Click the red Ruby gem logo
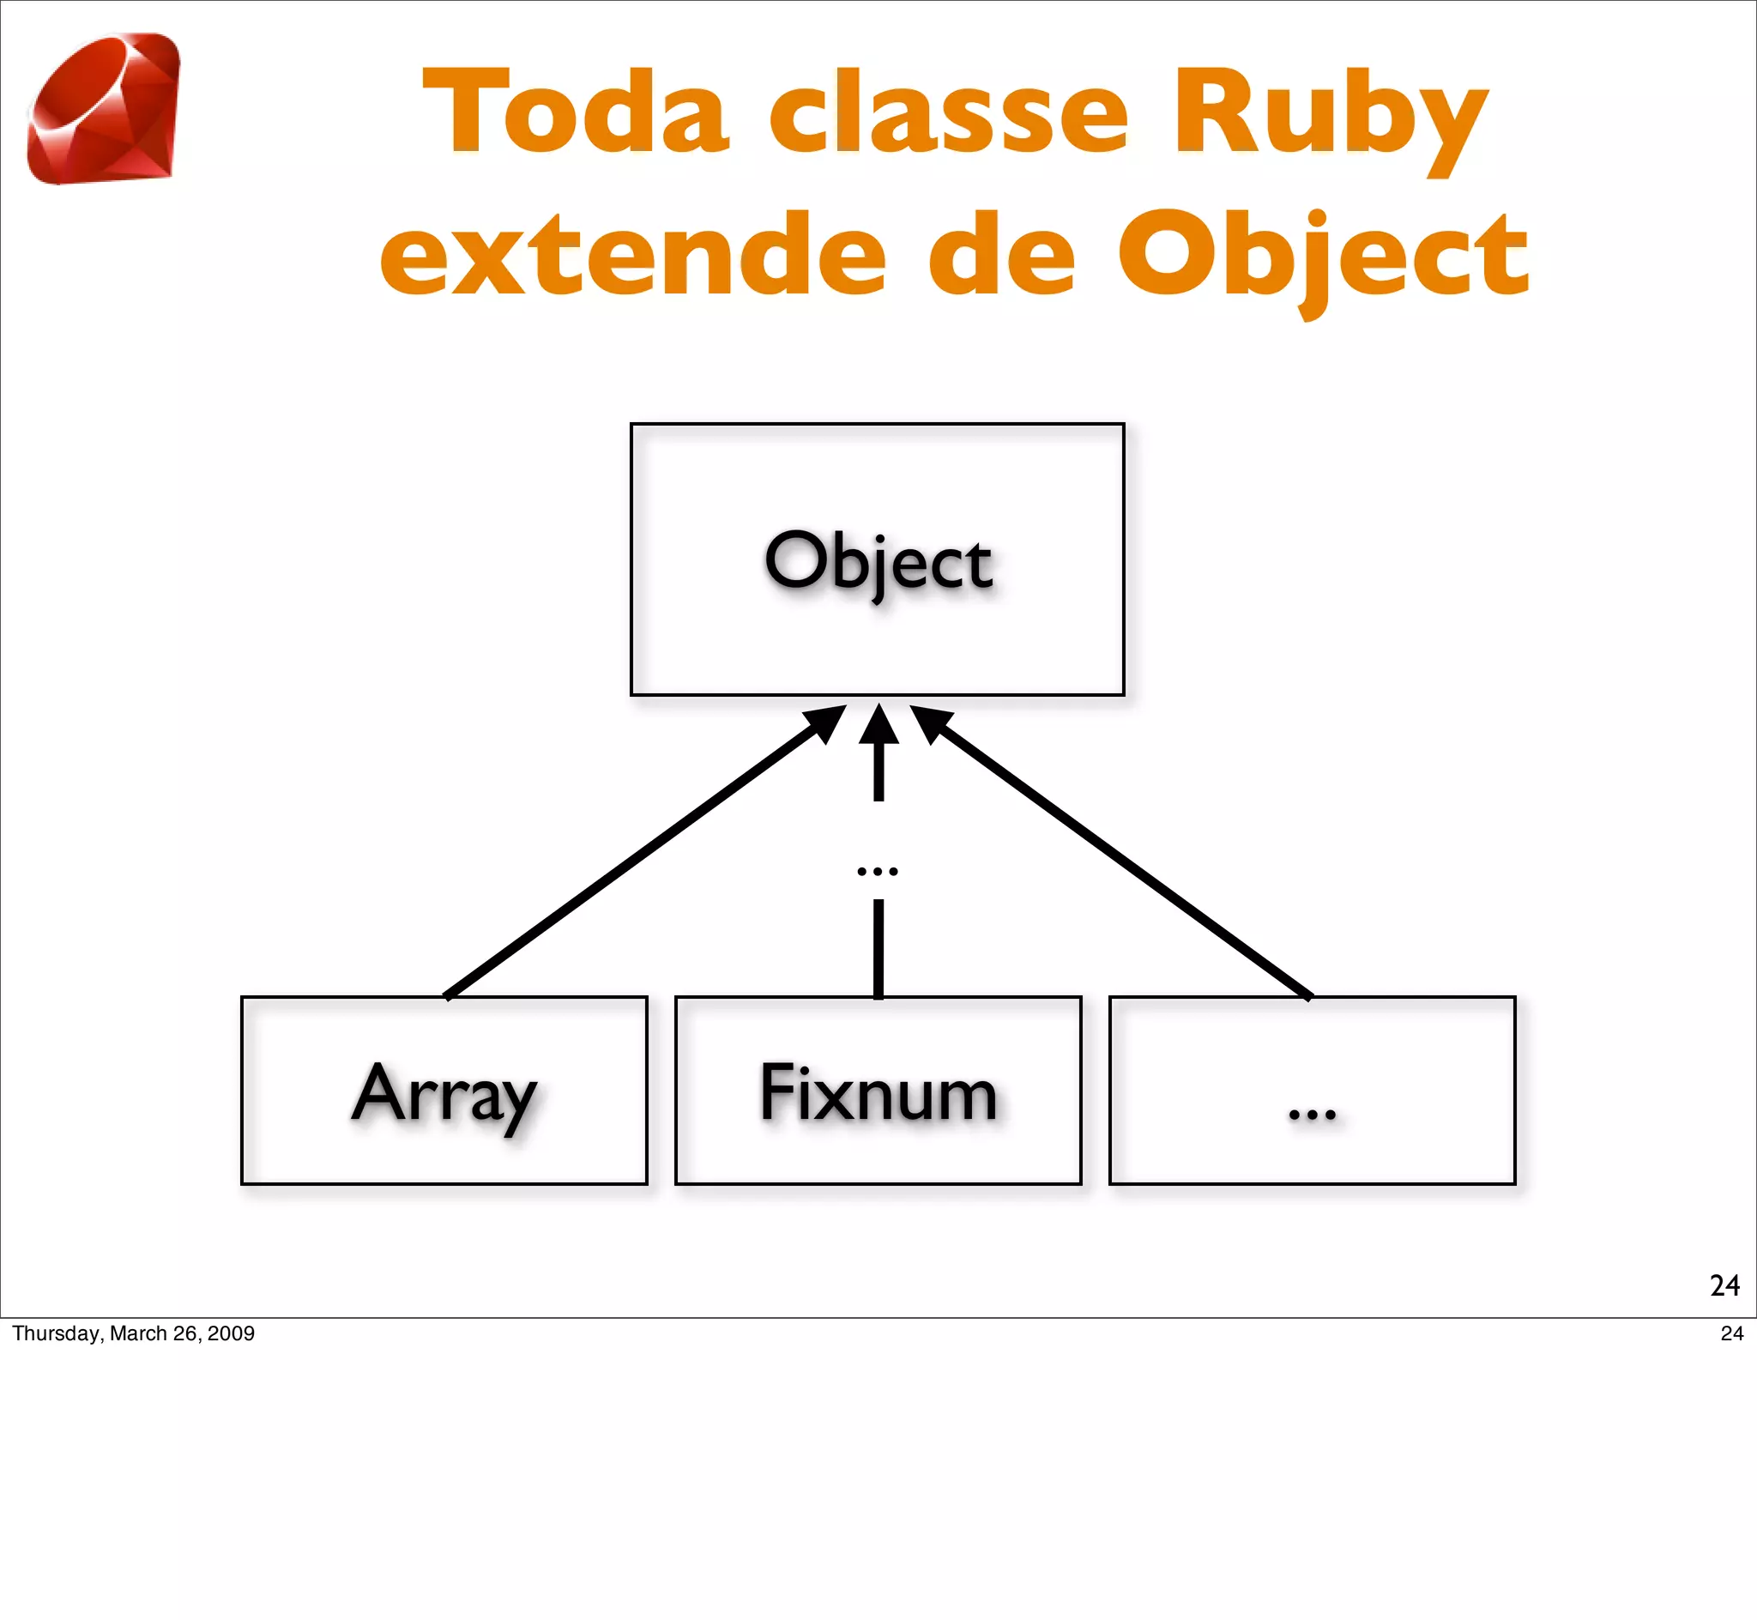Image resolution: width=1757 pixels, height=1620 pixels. coord(104,109)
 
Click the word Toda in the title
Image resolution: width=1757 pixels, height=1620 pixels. coord(576,113)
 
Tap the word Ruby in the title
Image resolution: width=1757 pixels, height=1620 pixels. coord(1331,118)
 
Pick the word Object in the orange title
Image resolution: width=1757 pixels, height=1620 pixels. coord(1323,258)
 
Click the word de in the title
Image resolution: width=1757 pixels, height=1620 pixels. coord(1000,256)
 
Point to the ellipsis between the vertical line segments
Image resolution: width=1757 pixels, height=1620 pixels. coord(877,870)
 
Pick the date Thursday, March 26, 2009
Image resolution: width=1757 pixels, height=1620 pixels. coord(133,1333)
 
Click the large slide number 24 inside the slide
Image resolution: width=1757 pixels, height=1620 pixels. coord(1724,1285)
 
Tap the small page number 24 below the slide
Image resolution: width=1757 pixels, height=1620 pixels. coord(1731,1333)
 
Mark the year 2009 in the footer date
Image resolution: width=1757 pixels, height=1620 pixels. coord(231,1333)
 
